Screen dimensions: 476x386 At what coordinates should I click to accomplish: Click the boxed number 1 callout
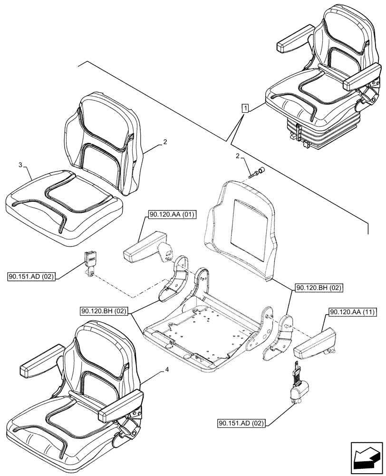point(244,108)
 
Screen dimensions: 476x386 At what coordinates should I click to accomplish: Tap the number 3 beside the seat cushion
point(20,165)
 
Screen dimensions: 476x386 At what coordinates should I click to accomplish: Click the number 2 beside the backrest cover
point(165,141)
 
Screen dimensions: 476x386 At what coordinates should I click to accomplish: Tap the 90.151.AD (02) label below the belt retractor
point(241,422)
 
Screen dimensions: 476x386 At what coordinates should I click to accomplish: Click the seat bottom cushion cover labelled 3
point(62,205)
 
